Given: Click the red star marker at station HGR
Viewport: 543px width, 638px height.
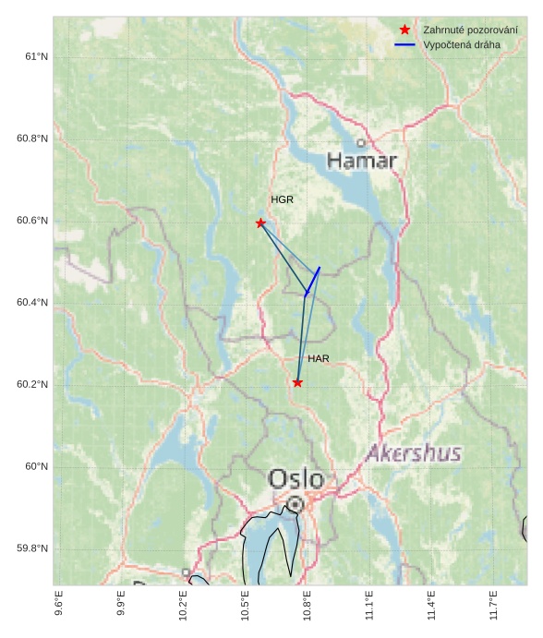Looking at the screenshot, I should [260, 223].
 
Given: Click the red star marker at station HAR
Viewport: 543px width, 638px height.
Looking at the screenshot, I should [297, 382].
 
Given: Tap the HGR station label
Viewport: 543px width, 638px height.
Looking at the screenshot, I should [282, 199].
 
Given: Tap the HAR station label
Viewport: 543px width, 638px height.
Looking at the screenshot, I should [319, 358].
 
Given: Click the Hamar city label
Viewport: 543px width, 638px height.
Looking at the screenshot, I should [362, 162].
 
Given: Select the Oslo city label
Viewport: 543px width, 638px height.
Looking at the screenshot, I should [296, 479].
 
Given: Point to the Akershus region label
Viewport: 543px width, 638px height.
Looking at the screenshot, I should [413, 453].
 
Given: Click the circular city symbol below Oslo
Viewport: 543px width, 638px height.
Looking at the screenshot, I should [295, 504].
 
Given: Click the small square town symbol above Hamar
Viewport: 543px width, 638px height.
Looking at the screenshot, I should [361, 143].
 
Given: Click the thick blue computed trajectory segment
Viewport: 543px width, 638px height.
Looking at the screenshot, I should [313, 281].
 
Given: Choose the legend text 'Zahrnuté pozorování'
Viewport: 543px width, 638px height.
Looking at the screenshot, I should [470, 30].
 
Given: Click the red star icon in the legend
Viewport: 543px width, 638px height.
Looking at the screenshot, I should [404, 30].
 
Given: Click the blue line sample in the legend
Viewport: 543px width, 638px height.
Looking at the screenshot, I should [404, 44].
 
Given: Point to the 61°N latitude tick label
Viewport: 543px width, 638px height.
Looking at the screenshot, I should [35, 57].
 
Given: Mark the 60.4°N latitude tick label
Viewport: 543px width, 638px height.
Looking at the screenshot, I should [31, 303].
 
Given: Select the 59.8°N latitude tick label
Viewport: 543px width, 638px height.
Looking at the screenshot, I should [31, 548].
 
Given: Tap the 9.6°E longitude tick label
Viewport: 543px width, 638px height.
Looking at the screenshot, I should [59, 606].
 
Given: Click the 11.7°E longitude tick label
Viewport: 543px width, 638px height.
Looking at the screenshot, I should [494, 606].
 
